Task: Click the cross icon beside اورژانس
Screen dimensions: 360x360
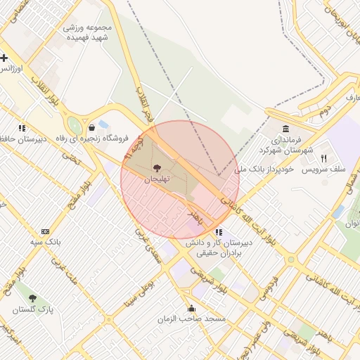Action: [x=4, y=58]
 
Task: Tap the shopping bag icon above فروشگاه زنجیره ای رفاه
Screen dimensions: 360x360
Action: [x=92, y=127]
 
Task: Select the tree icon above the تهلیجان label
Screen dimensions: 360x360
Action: [x=156, y=168]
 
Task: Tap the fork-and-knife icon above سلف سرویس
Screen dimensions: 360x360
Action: [x=324, y=158]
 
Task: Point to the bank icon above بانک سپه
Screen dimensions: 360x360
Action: [x=46, y=231]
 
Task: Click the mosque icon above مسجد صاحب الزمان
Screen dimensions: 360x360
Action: [x=191, y=308]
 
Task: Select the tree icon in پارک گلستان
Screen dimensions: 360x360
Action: [x=32, y=299]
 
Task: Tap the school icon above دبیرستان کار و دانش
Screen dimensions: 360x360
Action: [x=219, y=231]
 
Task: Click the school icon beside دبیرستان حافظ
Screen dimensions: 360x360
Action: [x=22, y=128]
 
